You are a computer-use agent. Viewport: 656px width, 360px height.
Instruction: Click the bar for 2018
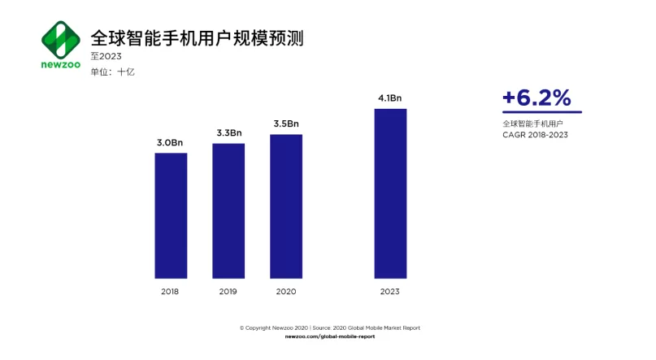[171, 215]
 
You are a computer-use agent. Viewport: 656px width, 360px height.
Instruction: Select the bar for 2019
[228, 210]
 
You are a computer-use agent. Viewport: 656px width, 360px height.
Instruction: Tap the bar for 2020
[286, 206]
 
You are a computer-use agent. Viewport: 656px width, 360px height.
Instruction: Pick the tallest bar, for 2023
[390, 193]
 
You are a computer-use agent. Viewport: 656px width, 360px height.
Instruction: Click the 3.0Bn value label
[170, 142]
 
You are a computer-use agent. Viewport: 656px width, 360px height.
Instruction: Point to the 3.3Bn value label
[229, 133]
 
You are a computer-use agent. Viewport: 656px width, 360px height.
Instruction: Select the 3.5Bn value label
[286, 124]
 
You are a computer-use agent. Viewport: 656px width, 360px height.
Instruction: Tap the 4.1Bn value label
[390, 98]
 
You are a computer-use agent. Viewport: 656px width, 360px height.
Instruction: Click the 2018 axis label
[170, 292]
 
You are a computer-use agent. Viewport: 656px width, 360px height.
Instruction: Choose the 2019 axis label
[228, 292]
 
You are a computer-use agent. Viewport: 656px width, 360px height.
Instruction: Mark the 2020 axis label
[286, 292]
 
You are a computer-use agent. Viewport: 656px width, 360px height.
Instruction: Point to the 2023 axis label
[390, 292]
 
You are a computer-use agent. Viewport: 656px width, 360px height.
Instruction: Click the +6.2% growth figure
[537, 98]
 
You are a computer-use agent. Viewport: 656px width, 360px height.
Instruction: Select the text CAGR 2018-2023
[535, 135]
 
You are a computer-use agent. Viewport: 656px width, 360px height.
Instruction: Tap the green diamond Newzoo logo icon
[61, 39]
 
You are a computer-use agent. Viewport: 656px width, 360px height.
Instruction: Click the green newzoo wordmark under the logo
[61, 65]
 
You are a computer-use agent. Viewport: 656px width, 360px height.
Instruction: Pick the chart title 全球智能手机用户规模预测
[197, 38]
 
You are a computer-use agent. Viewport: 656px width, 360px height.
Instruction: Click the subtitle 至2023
[106, 56]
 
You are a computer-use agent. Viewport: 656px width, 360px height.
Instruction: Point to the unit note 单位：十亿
[112, 72]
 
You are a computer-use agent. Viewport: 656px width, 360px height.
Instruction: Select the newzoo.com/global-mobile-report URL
[330, 336]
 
